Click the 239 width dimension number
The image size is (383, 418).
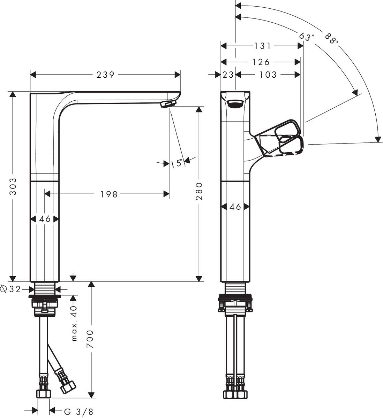[106, 75]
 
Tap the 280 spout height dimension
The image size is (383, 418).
[199, 191]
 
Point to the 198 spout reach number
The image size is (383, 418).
[109, 194]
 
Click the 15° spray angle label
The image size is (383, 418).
[177, 163]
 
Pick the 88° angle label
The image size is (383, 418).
[332, 39]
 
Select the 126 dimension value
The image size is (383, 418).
[261, 62]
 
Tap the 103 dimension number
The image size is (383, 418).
[268, 75]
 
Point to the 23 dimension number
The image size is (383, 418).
[228, 75]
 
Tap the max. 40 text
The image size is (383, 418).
[74, 324]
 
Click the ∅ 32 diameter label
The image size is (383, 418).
[11, 289]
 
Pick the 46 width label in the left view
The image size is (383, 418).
[44, 219]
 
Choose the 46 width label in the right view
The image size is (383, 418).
[235, 207]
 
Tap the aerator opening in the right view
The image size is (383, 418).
[235, 103]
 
